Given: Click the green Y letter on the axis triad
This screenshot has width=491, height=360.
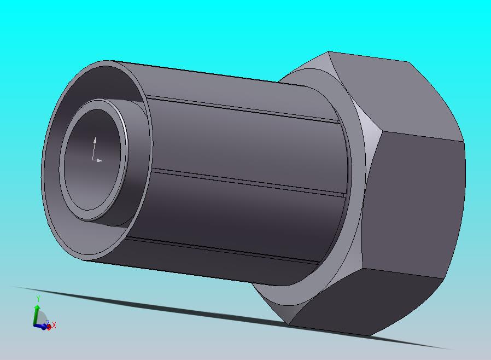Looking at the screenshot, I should (x=38, y=299).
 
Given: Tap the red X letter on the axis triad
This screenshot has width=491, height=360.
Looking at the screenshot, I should (x=54, y=326).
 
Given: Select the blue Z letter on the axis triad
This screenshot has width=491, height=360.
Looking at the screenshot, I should (x=48, y=323).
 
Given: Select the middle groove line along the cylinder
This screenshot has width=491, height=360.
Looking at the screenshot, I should (x=246, y=182).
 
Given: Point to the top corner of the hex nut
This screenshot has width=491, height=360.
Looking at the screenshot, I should (x=329, y=53).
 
